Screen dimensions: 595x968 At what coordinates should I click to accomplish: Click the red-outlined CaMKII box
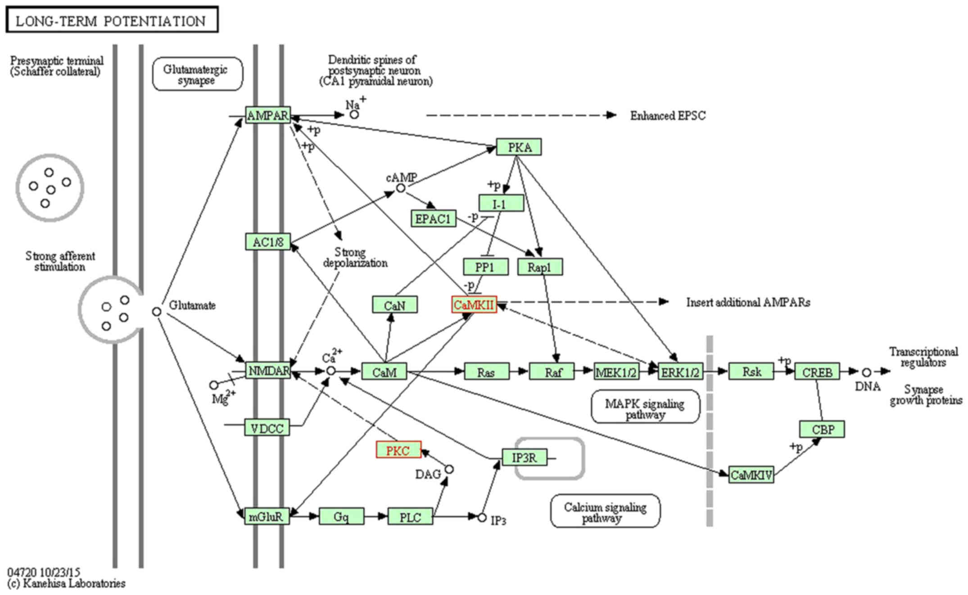coord(474,305)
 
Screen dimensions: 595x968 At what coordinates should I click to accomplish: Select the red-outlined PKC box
coord(398,450)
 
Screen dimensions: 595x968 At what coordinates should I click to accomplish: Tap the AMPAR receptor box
coord(268,116)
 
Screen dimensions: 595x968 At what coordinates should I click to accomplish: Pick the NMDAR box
coord(268,371)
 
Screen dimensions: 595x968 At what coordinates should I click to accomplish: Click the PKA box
coord(519,147)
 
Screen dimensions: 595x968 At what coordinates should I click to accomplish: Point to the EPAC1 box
coord(433,219)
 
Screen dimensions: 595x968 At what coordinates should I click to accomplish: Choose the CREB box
coord(817,372)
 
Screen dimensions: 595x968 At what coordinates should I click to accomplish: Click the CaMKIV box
coord(751,475)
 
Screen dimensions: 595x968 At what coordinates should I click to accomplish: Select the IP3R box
coord(525,458)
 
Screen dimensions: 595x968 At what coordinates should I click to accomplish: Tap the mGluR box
coord(267,517)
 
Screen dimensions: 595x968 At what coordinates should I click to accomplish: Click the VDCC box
coord(267,428)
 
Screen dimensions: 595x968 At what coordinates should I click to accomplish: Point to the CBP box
coord(822,429)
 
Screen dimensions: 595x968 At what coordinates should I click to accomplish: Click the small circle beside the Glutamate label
coord(156,311)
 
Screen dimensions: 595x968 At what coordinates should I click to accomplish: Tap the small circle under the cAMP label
coord(400,188)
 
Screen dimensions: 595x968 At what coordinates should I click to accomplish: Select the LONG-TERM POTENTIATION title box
coord(112,20)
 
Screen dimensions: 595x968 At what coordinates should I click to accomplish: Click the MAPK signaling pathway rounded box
coord(645,407)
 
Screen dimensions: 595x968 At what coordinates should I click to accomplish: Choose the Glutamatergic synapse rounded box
coord(197,74)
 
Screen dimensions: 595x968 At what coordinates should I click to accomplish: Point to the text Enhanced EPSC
coord(668,116)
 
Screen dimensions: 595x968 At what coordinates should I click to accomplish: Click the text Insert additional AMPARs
coord(748,303)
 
